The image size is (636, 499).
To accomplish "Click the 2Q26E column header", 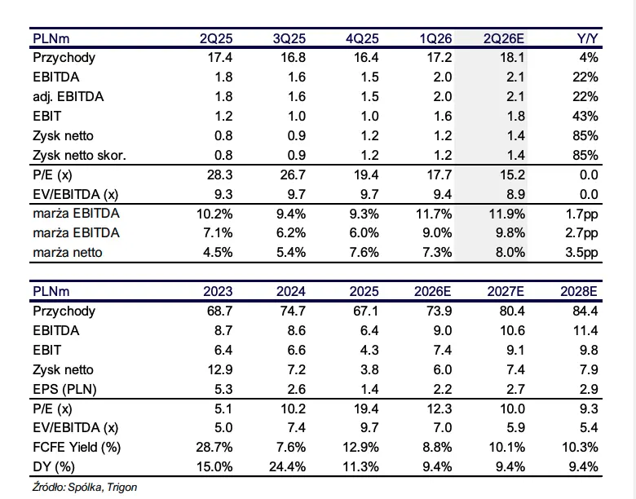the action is [504, 38].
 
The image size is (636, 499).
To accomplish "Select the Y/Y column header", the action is [587, 38].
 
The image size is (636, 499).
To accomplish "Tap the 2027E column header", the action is [506, 291].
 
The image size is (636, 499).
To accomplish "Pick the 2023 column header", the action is [218, 291].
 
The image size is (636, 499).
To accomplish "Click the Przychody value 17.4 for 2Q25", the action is [220, 57].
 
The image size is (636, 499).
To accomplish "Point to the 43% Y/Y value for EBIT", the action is [585, 116].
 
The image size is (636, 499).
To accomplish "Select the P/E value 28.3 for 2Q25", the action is [220, 174].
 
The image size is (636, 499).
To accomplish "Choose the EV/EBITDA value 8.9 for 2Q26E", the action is [515, 194].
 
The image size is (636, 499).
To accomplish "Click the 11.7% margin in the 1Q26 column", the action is [434, 214].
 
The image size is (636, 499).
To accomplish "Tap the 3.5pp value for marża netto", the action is [581, 252].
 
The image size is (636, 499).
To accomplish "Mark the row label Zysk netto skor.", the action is [80, 155].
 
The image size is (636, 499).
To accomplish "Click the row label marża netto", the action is [68, 252].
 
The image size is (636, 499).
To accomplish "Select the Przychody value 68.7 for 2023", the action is [220, 311].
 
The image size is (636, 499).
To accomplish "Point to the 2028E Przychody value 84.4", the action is [585, 311].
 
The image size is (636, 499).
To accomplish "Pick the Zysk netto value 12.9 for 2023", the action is [220, 369].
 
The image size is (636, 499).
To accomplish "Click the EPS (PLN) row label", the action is [64, 389].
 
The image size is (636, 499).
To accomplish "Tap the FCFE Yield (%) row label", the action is [77, 447].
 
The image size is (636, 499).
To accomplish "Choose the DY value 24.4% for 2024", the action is [287, 466].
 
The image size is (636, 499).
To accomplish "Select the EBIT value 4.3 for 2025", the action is [369, 350].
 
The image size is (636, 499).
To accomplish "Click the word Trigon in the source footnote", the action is [121, 488].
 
